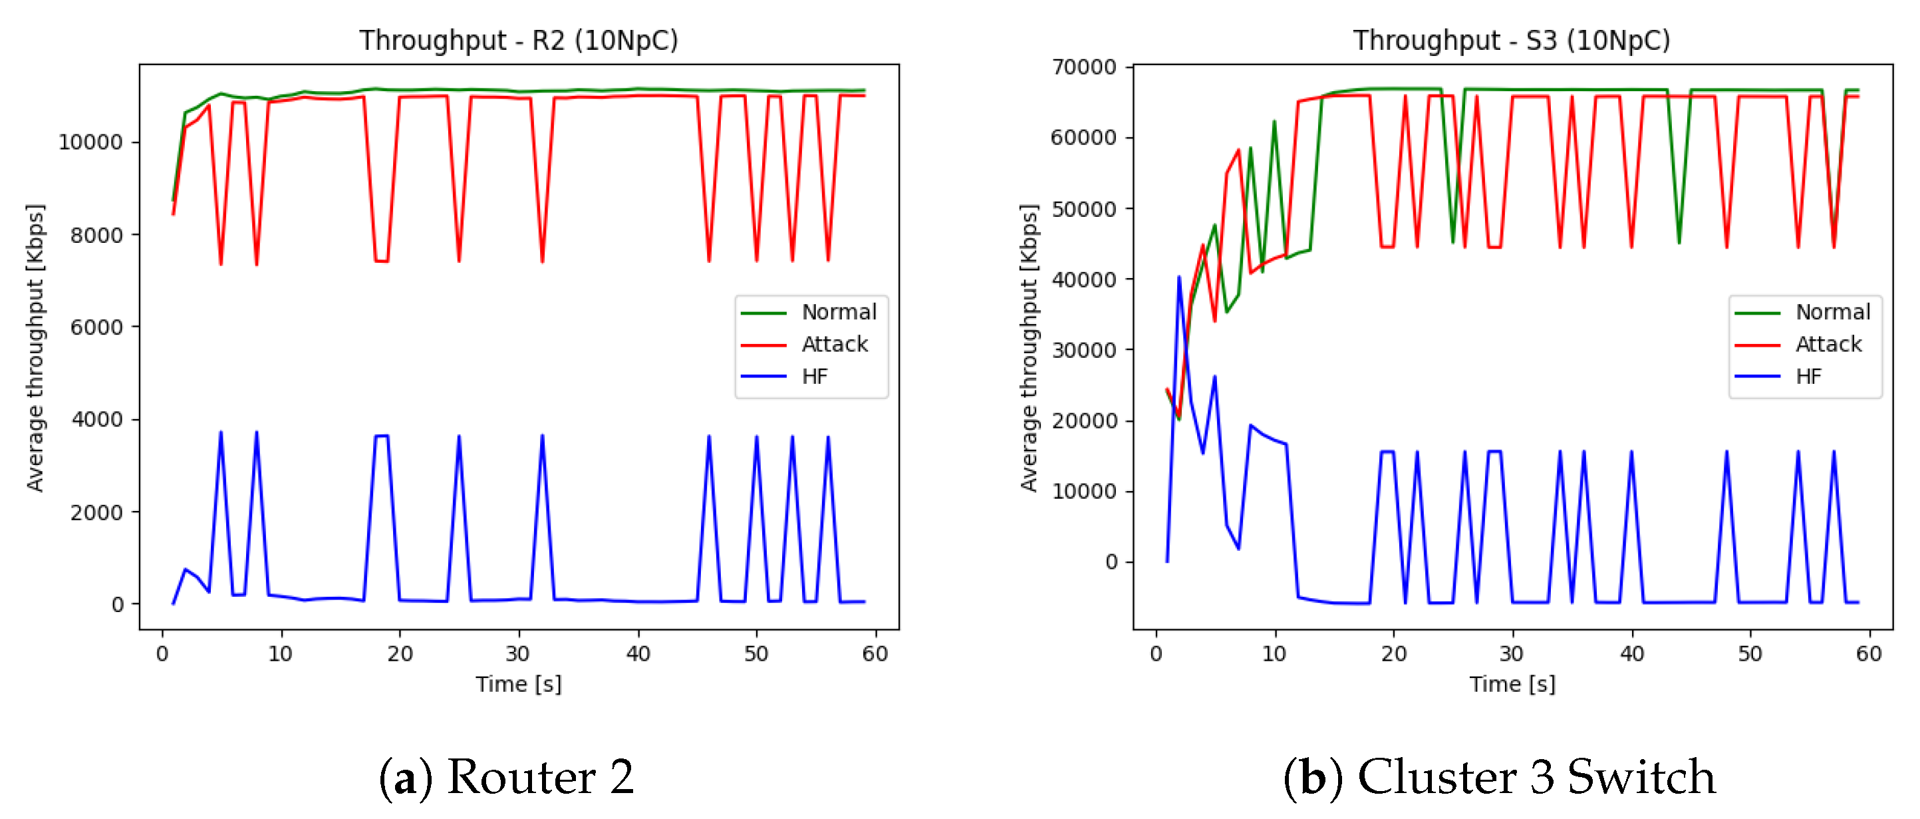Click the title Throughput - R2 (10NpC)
point(518,41)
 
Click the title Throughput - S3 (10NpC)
point(1511,41)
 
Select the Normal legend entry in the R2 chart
point(839,312)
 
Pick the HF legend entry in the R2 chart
point(815,376)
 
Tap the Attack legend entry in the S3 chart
point(1828,344)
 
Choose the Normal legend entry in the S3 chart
point(1832,312)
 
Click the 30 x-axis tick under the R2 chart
point(517,654)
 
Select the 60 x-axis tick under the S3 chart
point(1868,654)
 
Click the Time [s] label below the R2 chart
point(518,684)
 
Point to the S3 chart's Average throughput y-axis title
point(1029,347)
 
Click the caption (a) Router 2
point(507,777)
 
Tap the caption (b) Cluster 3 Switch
point(1499,777)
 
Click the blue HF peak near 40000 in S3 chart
point(1178,278)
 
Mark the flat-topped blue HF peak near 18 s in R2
point(381,436)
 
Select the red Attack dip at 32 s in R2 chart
point(542,260)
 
